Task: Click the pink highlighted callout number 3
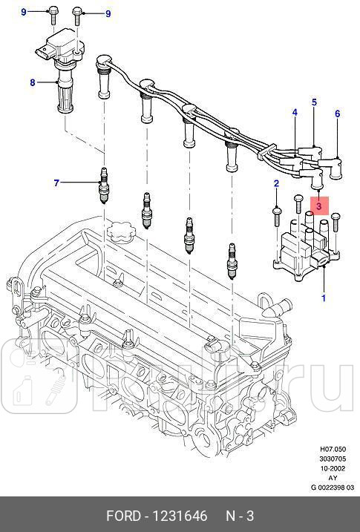[319, 206]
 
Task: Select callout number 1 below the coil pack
[323, 298]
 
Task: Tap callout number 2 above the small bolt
[276, 183]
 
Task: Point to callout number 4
[295, 113]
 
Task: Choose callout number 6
[337, 114]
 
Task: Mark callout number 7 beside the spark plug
[56, 183]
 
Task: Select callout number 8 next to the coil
[32, 82]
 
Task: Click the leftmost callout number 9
[23, 13]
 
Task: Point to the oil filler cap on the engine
[119, 231]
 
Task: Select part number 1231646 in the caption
[180, 516]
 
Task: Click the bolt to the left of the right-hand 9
[78, 15]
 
